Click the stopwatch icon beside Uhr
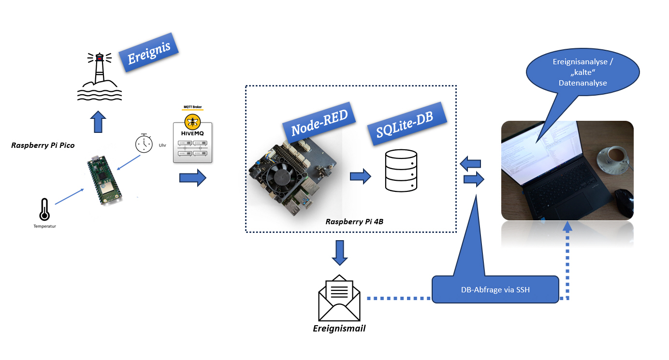click(144, 143)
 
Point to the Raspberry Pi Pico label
click(43, 145)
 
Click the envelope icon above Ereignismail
click(339, 298)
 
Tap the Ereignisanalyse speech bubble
click(582, 73)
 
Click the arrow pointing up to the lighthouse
click(98, 121)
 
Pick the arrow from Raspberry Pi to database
click(360, 176)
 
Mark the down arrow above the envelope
click(340, 253)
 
